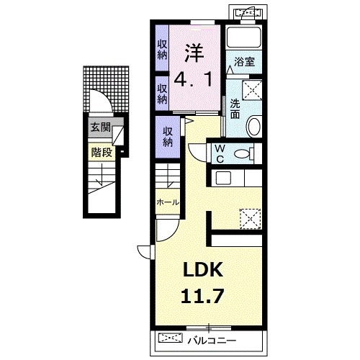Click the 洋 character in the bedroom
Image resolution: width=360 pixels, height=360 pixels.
pos(194,53)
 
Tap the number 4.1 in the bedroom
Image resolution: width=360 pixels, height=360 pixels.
pos(193,80)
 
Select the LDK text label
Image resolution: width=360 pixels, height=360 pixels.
pos(202,269)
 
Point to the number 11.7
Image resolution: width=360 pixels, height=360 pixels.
pos(202,296)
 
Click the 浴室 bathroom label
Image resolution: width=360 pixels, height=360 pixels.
pos(244,62)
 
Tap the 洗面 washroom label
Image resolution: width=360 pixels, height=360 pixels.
pos(235,109)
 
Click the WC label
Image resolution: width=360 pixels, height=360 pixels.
pos(220,154)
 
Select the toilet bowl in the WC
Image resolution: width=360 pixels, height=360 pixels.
pos(244,153)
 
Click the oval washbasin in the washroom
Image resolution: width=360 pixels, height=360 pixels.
pos(254,126)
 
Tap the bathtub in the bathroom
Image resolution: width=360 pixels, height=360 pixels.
pos(244,37)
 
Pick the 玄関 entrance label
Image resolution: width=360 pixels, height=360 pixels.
pos(100,127)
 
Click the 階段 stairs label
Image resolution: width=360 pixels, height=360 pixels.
pos(102,152)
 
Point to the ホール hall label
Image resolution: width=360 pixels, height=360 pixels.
pos(168,202)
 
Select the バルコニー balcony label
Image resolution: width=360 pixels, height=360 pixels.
pos(212,341)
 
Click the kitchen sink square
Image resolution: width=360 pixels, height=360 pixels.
pos(223,178)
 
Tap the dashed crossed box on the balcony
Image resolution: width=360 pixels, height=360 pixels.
pos(170,338)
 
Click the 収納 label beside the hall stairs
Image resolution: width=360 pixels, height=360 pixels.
pos(168,137)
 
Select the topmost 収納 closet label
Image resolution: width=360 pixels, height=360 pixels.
pos(162,50)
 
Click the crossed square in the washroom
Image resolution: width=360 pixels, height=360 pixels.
pos(252,90)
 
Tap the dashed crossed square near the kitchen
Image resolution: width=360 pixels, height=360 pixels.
pos(251,219)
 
